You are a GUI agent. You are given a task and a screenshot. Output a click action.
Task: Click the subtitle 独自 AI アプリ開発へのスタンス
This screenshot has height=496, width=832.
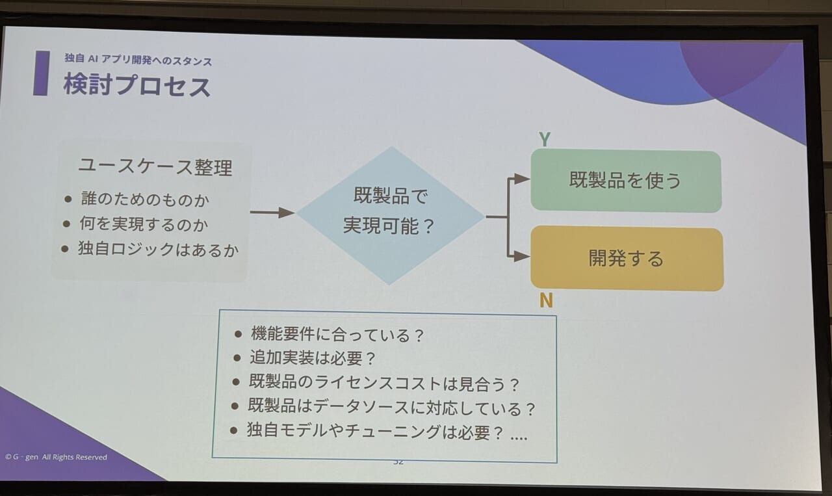[138, 59]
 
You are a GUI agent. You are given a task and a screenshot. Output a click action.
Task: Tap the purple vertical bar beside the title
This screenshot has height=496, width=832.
[42, 73]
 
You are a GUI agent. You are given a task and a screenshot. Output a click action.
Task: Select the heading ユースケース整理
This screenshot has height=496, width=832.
[155, 167]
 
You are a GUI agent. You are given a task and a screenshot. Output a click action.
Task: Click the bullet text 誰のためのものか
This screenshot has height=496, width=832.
[145, 200]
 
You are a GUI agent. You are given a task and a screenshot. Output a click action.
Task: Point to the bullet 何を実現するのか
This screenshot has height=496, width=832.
[144, 224]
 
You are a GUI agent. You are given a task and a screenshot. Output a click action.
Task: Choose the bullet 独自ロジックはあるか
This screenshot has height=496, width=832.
[158, 249]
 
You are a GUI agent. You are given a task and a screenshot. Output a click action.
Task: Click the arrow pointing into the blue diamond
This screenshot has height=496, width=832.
[272, 213]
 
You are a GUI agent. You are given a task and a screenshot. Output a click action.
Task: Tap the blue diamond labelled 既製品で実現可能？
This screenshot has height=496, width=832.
[390, 215]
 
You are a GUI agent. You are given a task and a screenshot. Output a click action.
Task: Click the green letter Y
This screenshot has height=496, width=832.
[545, 139]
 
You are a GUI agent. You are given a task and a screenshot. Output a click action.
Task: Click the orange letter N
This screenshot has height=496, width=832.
[546, 300]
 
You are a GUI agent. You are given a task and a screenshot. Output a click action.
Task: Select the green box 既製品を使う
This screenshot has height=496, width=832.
[626, 181]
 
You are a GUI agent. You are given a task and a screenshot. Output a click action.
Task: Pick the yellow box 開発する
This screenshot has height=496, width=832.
[627, 258]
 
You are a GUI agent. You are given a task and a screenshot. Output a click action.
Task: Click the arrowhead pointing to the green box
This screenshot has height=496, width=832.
[522, 179]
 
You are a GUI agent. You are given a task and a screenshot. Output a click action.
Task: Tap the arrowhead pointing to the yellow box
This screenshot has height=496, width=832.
[522, 256]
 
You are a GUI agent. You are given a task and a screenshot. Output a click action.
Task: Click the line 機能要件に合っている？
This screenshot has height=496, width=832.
[337, 334]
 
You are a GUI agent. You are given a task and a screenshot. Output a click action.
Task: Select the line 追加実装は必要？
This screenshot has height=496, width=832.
[313, 358]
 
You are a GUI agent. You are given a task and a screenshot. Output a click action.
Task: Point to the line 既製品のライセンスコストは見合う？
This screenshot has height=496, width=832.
[384, 383]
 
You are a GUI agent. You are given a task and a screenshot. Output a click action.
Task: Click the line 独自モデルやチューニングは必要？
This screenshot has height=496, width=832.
[375, 432]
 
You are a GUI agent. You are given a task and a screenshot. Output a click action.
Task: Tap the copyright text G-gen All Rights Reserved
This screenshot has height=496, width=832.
[56, 457]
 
